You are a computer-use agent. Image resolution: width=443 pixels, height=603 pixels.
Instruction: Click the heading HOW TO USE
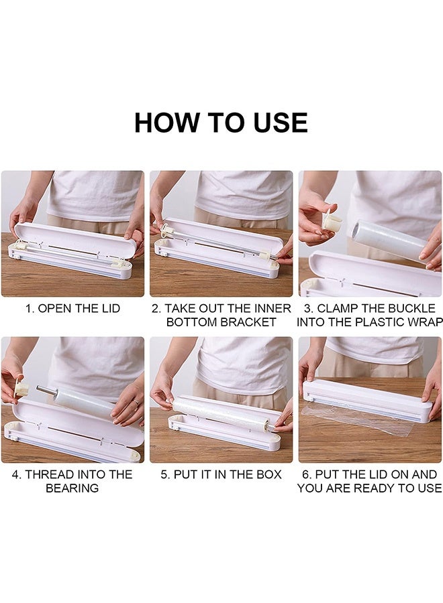[221, 123]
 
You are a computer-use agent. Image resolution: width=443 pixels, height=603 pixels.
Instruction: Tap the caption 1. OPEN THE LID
[72, 309]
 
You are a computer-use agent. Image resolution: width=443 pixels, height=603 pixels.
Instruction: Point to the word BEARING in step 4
[72, 488]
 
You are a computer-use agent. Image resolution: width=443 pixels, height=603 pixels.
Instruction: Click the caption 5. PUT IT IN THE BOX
[221, 475]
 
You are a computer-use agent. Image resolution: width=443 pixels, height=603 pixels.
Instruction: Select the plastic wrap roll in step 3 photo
[388, 238]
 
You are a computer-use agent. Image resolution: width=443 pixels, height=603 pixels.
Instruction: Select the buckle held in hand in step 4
[21, 389]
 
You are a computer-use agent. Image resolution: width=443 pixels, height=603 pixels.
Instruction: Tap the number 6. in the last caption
[307, 475]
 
